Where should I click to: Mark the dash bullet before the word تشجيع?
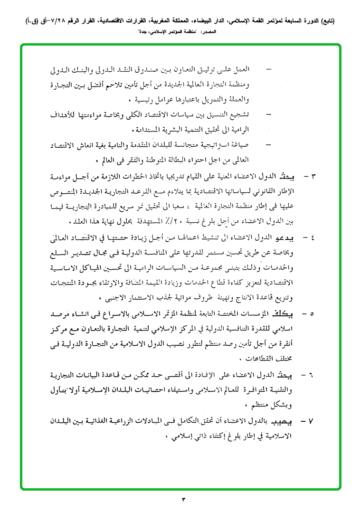[269, 115]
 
